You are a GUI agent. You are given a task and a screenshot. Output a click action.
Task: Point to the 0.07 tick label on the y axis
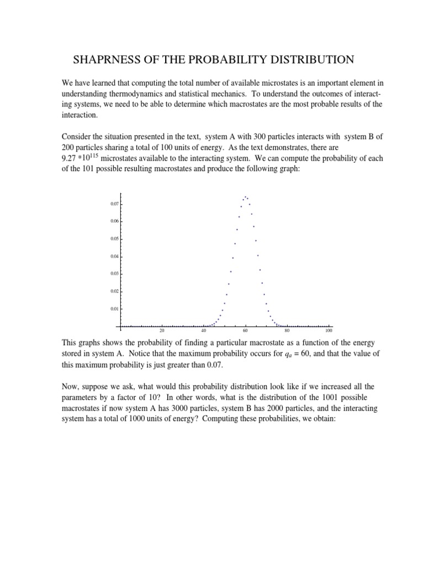(114, 204)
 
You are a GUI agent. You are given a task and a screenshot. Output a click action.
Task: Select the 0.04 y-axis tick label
(114, 257)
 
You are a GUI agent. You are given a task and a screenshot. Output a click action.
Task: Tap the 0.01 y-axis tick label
(114, 309)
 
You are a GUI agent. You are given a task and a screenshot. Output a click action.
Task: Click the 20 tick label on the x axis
(162, 331)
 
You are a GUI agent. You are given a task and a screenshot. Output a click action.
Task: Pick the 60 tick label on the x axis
(245, 331)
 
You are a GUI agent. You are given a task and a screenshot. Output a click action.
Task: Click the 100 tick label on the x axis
(328, 331)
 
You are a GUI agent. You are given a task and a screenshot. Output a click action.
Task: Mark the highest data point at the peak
(245, 196)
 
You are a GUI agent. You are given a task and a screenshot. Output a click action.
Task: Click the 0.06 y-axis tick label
(114, 222)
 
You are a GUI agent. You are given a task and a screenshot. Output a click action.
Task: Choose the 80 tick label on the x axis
(287, 331)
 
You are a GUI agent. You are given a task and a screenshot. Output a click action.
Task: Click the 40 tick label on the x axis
(204, 331)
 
